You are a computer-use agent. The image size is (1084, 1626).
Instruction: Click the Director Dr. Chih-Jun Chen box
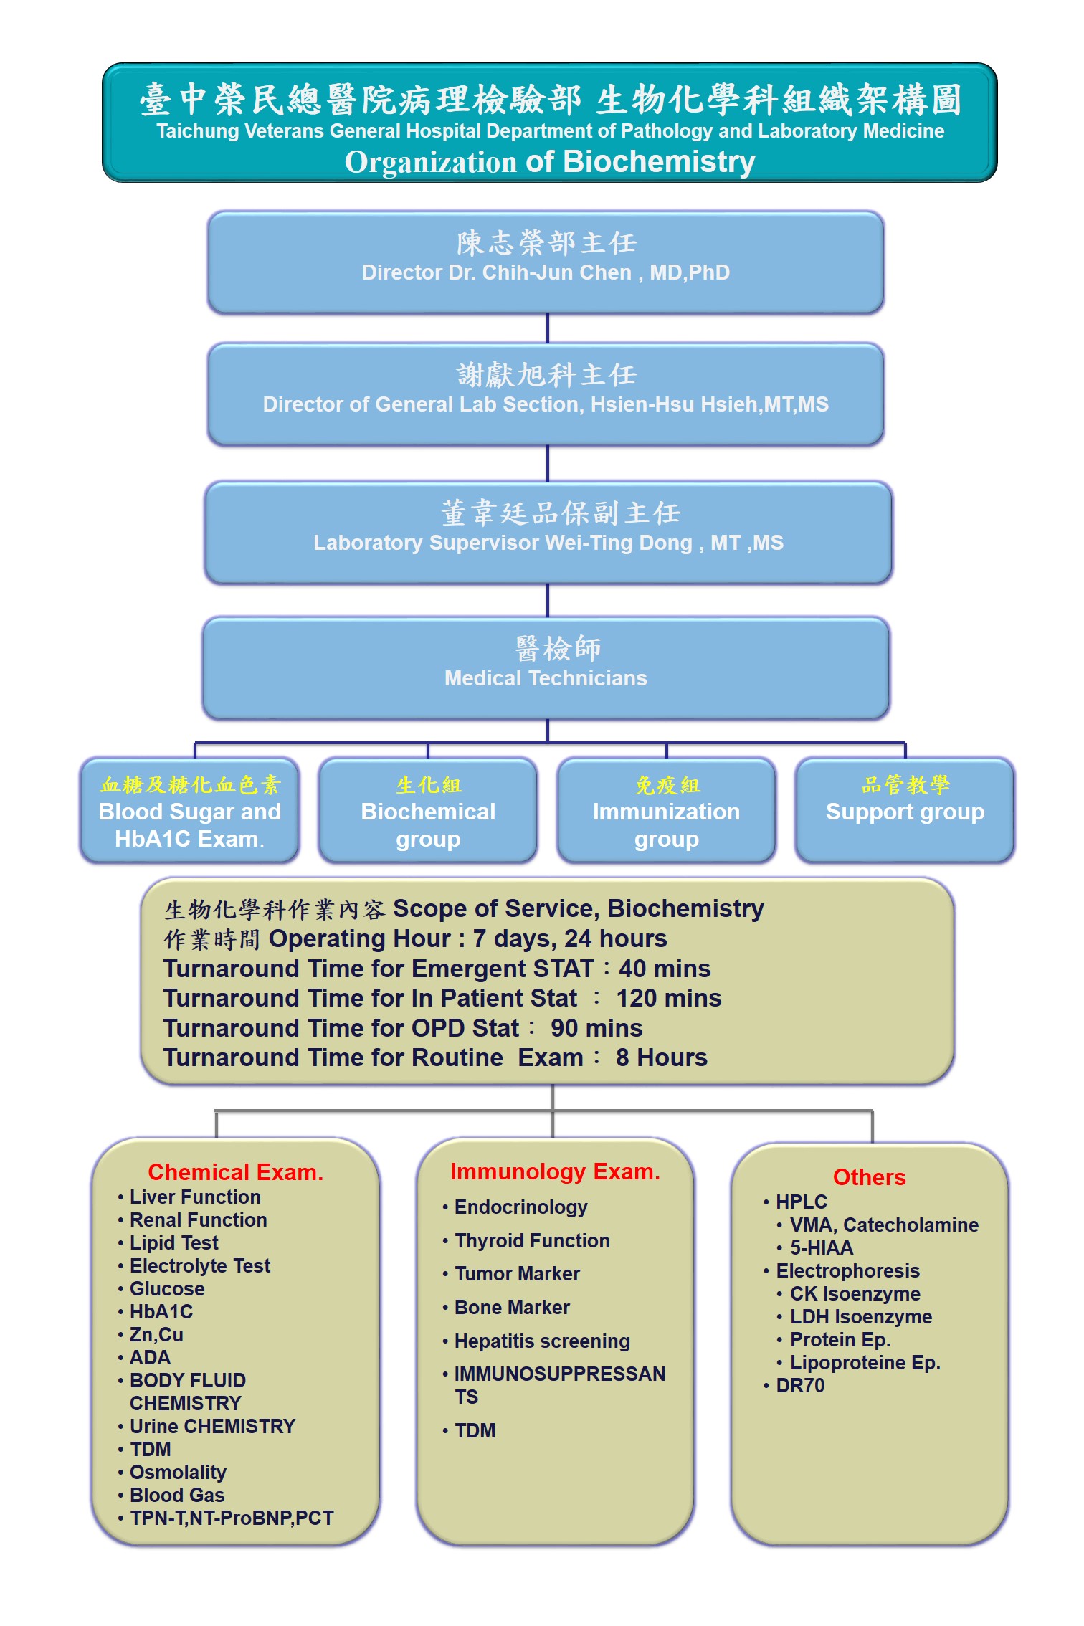click(546, 262)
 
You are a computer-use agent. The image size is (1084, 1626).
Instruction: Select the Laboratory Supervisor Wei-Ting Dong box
click(548, 532)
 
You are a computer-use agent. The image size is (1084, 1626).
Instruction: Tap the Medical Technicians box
click(546, 667)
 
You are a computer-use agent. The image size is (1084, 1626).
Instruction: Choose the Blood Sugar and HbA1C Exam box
click(189, 811)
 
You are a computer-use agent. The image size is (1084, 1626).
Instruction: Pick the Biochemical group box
click(428, 811)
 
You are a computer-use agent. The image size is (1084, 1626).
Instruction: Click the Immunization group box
click(666, 811)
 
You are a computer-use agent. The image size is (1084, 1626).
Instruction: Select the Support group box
click(905, 811)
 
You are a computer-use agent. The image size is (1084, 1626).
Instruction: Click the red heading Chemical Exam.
click(235, 1172)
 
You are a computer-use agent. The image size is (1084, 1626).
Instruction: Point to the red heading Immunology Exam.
click(555, 1171)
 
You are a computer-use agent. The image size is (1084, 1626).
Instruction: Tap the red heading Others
click(869, 1177)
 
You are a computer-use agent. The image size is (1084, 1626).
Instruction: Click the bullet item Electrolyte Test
click(199, 1266)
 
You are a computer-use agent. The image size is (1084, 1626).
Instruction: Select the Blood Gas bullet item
click(176, 1496)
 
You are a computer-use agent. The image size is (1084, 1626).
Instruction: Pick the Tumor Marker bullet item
click(517, 1274)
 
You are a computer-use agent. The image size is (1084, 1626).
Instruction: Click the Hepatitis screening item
click(542, 1341)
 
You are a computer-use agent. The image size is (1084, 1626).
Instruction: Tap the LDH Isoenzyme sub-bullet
click(860, 1317)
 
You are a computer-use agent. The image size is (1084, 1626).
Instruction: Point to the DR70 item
click(800, 1386)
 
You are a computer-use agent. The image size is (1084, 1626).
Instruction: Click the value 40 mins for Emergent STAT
click(665, 969)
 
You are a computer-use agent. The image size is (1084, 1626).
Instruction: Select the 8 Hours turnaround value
click(661, 1058)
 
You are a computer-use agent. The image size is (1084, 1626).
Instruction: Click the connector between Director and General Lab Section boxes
click(548, 328)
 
